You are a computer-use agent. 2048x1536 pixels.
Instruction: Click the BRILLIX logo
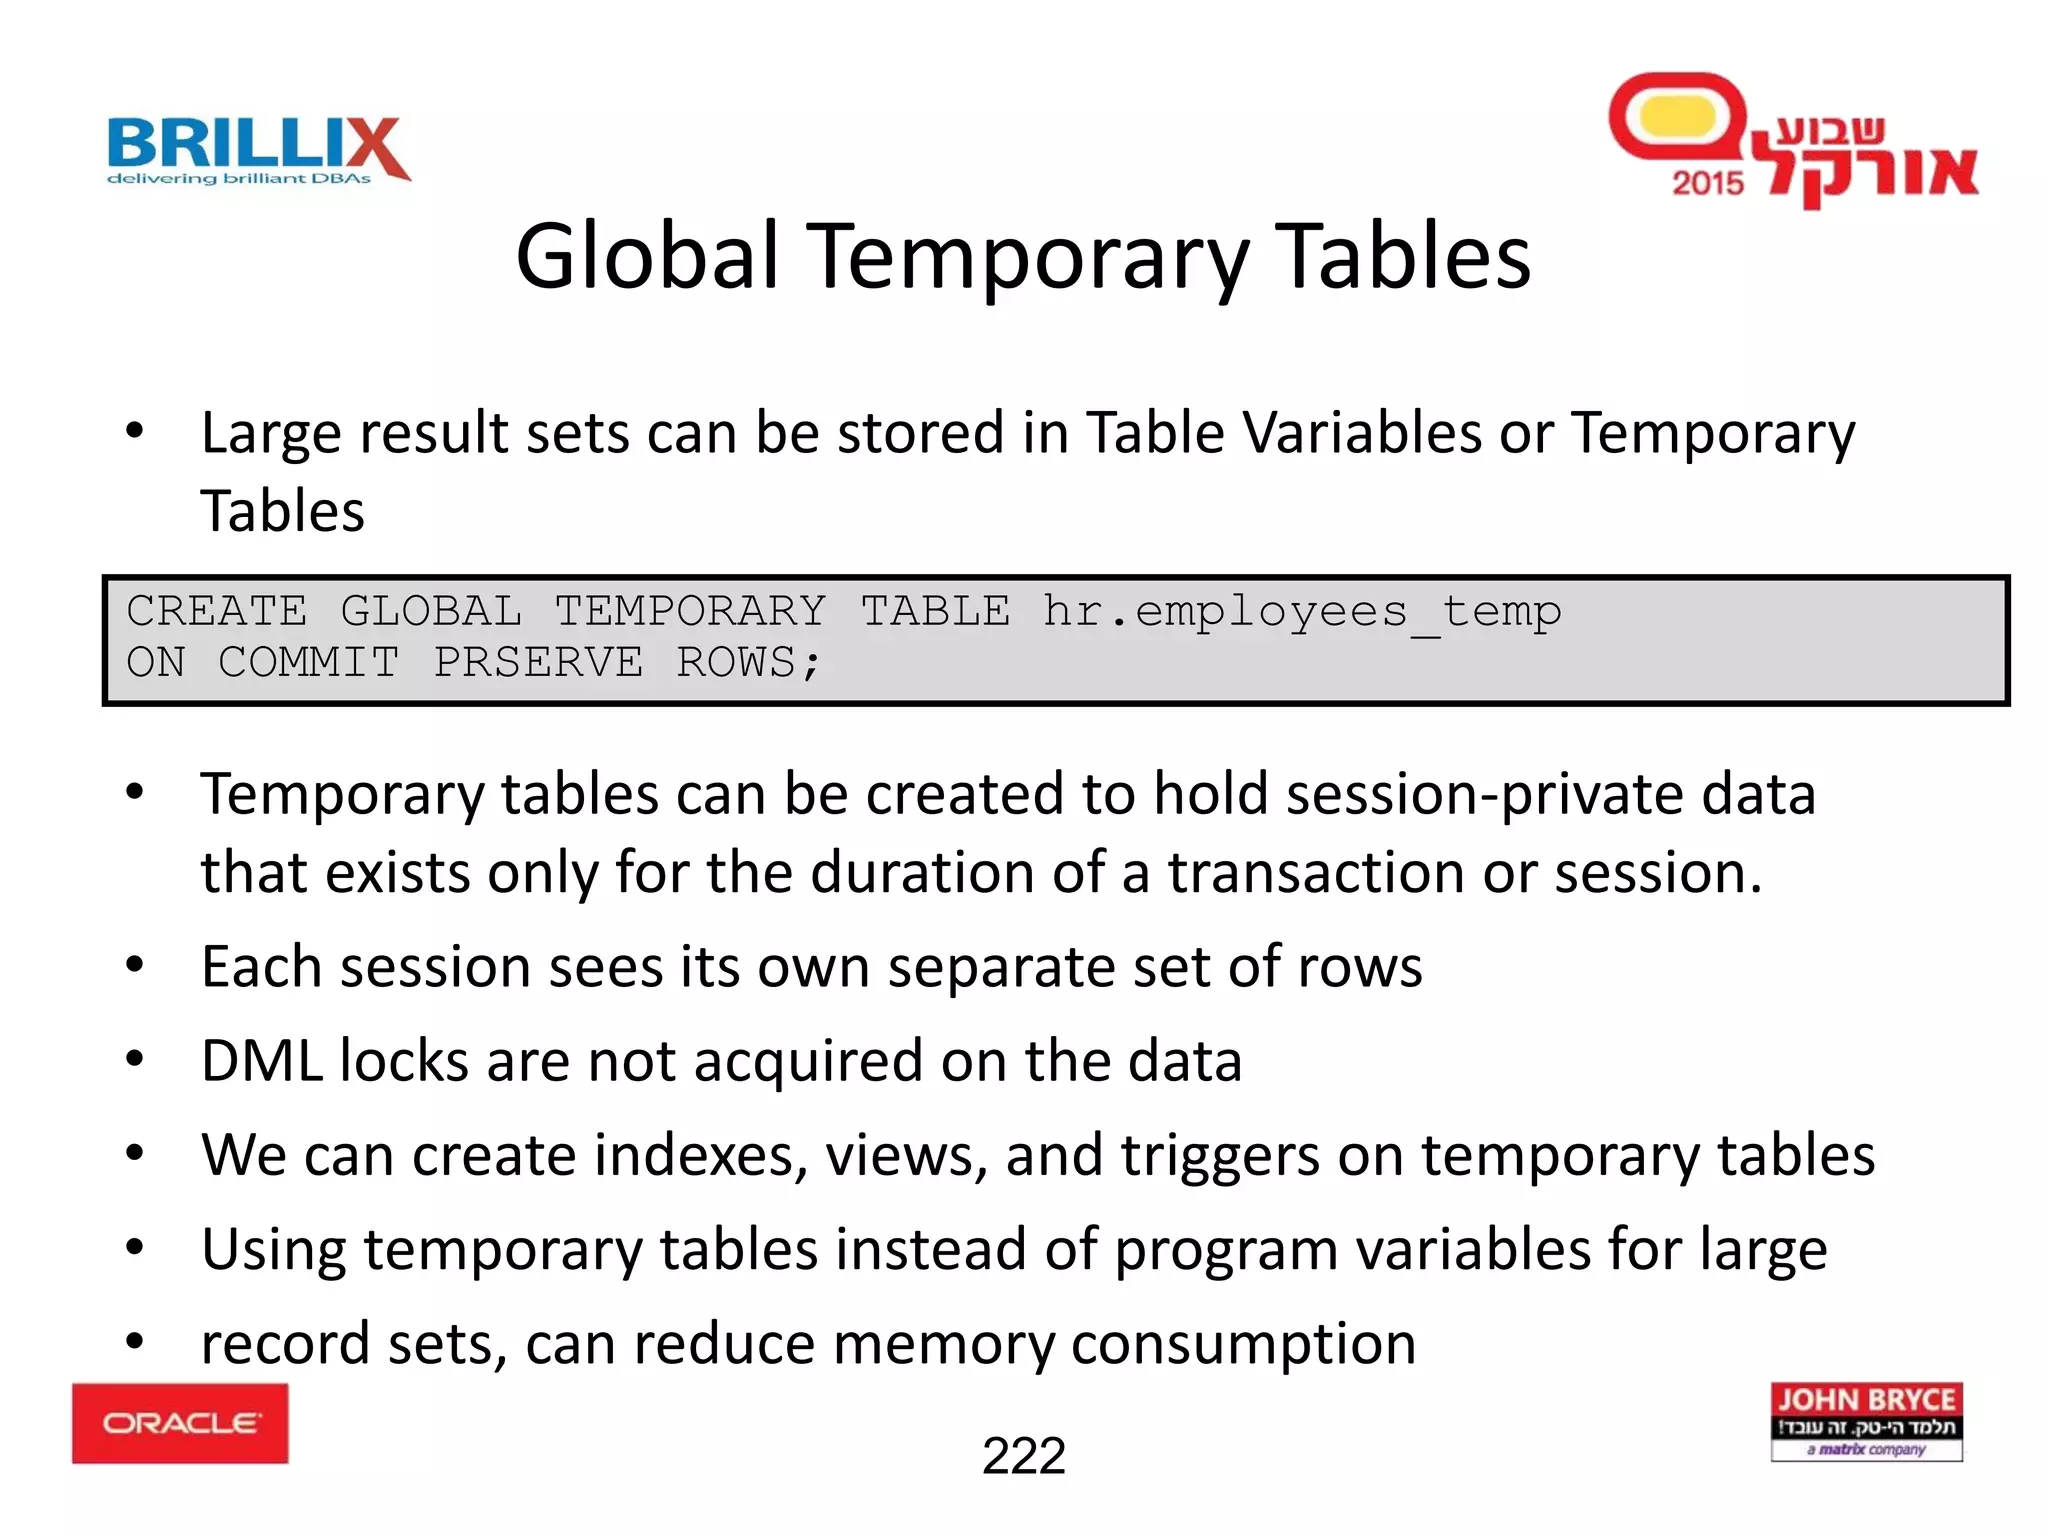pyautogui.click(x=258, y=150)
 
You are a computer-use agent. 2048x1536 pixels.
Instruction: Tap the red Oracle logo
pyautogui.click(x=180, y=1423)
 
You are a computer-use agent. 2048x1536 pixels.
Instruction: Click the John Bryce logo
pyautogui.click(x=1866, y=1422)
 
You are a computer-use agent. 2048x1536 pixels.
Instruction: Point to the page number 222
pyautogui.click(x=1023, y=1456)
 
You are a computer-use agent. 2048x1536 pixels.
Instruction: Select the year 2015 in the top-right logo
pyautogui.click(x=1707, y=183)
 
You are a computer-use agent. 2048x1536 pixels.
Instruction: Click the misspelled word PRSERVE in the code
pyautogui.click(x=538, y=663)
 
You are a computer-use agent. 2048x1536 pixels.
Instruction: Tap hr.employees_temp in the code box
pyautogui.click(x=1301, y=611)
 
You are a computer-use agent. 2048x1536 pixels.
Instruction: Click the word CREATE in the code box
pyautogui.click(x=217, y=611)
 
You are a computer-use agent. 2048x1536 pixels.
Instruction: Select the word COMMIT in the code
pyautogui.click(x=309, y=663)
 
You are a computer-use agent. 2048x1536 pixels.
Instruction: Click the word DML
pyautogui.click(x=261, y=1061)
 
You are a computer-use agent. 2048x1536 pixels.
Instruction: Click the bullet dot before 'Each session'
pyautogui.click(x=135, y=966)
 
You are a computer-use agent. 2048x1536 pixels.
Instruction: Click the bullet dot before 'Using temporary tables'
pyautogui.click(x=135, y=1248)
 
